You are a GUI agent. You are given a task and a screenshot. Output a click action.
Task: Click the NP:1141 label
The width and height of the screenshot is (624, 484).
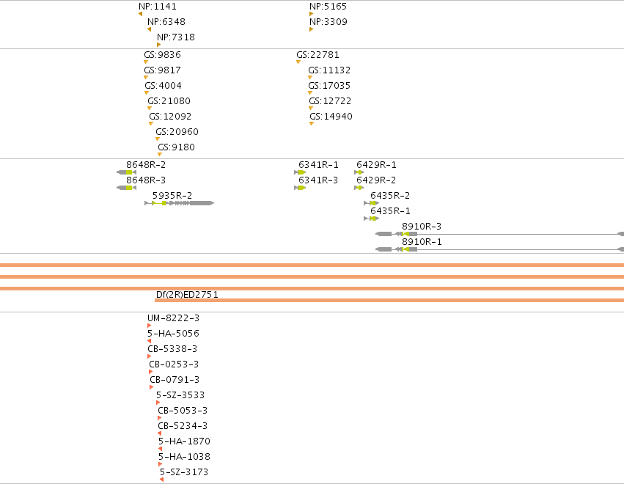(158, 7)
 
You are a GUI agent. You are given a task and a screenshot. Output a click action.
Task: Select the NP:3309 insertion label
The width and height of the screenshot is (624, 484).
(328, 22)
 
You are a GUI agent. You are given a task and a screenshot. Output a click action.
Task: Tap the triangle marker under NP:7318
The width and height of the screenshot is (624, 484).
(159, 45)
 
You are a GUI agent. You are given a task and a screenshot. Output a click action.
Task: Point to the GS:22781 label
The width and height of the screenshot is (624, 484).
(317, 55)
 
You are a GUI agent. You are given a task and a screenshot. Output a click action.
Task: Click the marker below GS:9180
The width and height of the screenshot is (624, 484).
(160, 155)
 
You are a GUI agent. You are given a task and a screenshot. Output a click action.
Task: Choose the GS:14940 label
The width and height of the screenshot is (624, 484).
(331, 117)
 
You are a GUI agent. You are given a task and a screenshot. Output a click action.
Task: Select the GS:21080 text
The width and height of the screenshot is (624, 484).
(169, 101)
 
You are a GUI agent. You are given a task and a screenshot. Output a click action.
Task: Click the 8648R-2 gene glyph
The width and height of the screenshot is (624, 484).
(127, 172)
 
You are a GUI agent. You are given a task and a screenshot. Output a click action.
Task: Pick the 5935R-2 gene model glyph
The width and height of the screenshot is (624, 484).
(179, 203)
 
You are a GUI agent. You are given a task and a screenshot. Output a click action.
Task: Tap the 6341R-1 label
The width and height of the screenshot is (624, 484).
(318, 165)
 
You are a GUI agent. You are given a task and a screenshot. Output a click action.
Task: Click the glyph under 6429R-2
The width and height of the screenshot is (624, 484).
(359, 188)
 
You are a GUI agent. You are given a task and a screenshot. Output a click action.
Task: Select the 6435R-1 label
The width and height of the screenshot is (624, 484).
(390, 211)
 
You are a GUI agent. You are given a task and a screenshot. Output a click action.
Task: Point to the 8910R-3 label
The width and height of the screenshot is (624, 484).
(422, 227)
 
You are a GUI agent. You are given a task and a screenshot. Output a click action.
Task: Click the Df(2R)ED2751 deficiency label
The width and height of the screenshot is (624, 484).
(187, 295)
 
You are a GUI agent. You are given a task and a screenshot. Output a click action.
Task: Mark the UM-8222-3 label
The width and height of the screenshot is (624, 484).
(174, 318)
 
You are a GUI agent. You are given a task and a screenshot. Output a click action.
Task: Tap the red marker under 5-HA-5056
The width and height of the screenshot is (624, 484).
(150, 341)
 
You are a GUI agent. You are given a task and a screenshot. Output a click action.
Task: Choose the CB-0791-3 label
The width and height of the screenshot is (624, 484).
(175, 380)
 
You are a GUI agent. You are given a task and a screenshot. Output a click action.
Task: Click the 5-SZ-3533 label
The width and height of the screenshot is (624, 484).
(180, 395)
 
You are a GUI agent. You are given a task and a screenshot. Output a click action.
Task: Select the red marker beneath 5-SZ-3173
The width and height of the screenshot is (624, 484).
(161, 480)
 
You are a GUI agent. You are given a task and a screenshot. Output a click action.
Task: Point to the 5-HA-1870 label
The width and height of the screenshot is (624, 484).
(184, 441)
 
